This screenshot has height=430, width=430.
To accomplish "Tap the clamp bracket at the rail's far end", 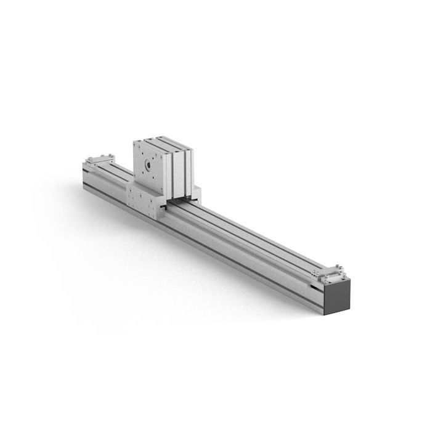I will coord(99,160).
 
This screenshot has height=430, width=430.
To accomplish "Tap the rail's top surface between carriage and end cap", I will coord(259,237).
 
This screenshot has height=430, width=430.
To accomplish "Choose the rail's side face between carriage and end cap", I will coord(246,259).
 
